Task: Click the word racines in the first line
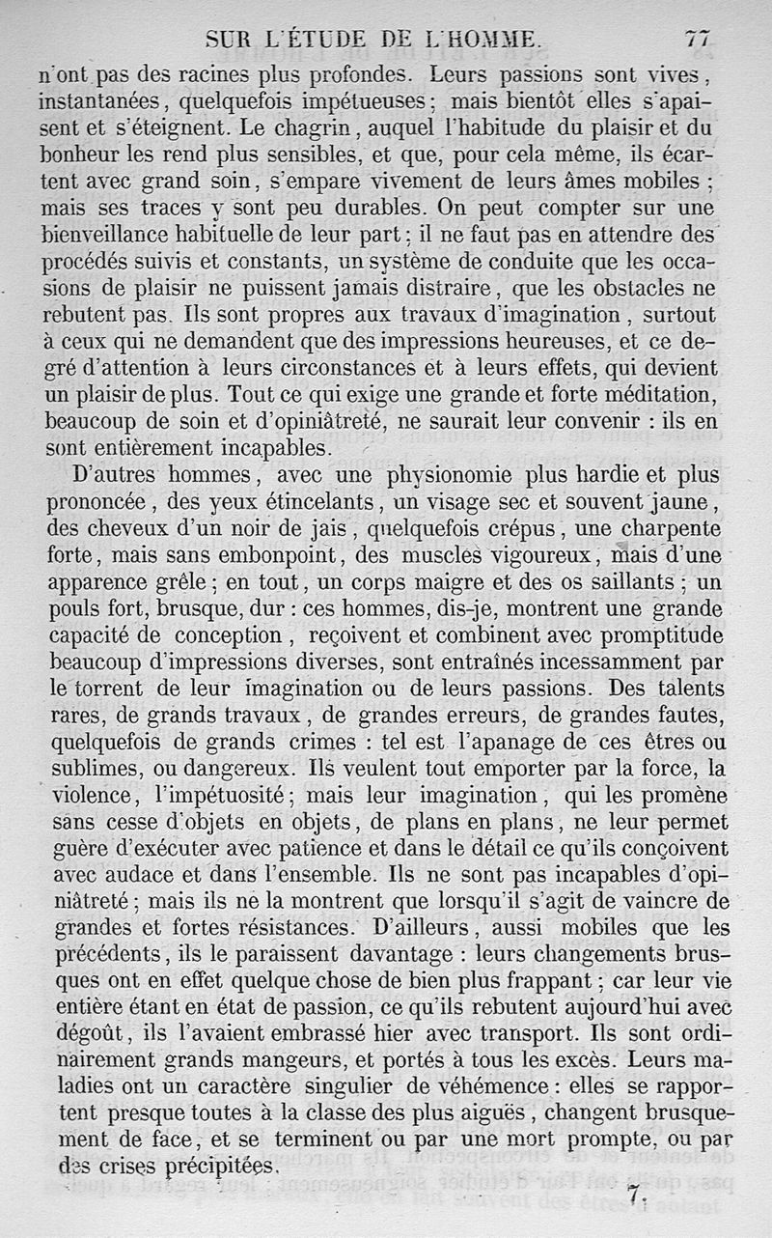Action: pyautogui.click(x=219, y=72)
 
